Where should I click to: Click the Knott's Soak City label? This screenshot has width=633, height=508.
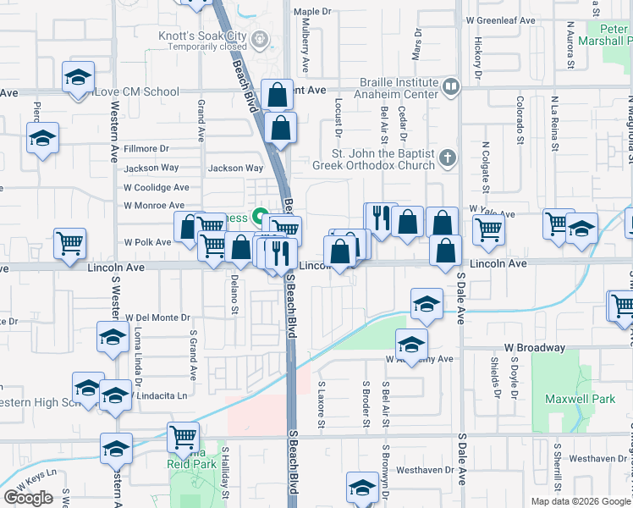[201, 36]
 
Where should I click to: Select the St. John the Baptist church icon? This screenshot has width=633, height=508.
[448, 157]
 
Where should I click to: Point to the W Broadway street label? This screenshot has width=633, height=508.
[534, 348]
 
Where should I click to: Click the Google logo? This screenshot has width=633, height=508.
[28, 498]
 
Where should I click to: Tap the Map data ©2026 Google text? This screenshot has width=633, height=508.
[581, 501]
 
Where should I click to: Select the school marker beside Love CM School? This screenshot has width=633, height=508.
[78, 78]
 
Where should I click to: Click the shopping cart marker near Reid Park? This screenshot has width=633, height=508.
[184, 436]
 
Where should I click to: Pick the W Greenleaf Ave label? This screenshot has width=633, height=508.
[501, 20]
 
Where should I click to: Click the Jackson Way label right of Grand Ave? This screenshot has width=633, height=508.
[236, 168]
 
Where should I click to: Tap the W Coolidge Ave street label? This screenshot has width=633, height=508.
[156, 187]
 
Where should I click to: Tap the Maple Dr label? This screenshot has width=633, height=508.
[311, 12]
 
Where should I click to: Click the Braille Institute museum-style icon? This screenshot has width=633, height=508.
[451, 85]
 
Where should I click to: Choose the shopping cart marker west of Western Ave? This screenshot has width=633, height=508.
[70, 244]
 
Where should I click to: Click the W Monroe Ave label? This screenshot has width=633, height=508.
[153, 205]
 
